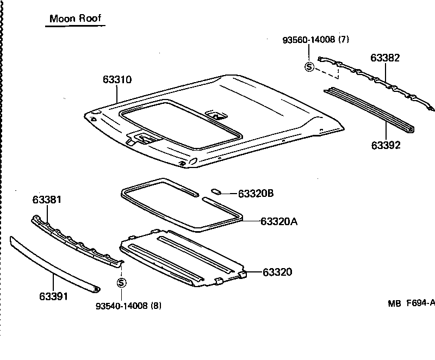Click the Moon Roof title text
point(75,18)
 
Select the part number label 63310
point(117,79)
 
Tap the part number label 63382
point(386,58)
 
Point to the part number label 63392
point(386,145)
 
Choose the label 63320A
point(279,221)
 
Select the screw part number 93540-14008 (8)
point(128,306)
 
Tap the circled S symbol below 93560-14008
point(309,67)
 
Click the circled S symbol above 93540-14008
point(121,283)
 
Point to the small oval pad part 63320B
point(215,191)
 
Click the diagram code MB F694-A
point(411,305)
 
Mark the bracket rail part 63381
point(76,239)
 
